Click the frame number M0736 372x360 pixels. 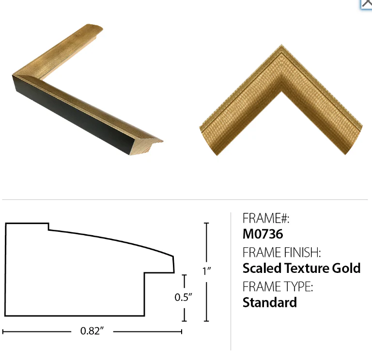(x=263, y=234)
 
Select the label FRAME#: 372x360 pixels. (x=266, y=218)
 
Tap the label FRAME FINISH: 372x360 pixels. (x=281, y=252)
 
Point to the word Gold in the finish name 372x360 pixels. (x=346, y=268)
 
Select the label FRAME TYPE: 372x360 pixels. (x=278, y=286)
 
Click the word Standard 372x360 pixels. (x=270, y=302)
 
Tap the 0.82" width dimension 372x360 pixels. (x=92, y=331)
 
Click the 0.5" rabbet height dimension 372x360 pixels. (x=183, y=297)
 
